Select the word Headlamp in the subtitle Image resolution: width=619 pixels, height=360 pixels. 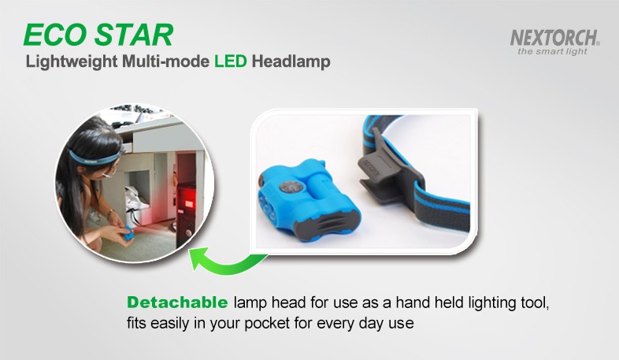(x=291, y=61)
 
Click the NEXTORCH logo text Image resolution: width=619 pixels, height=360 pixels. (x=554, y=38)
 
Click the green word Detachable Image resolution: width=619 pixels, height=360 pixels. (x=177, y=302)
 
